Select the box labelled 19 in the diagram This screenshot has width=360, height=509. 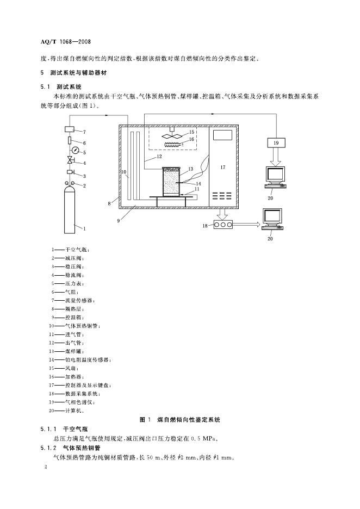[276, 142]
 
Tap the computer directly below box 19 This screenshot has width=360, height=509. [275, 176]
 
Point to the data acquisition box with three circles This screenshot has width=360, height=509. [222, 223]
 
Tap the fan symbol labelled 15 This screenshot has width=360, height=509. [172, 134]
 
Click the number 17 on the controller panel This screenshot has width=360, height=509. [223, 167]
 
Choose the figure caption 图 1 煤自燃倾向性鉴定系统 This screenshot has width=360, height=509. [180, 420]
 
